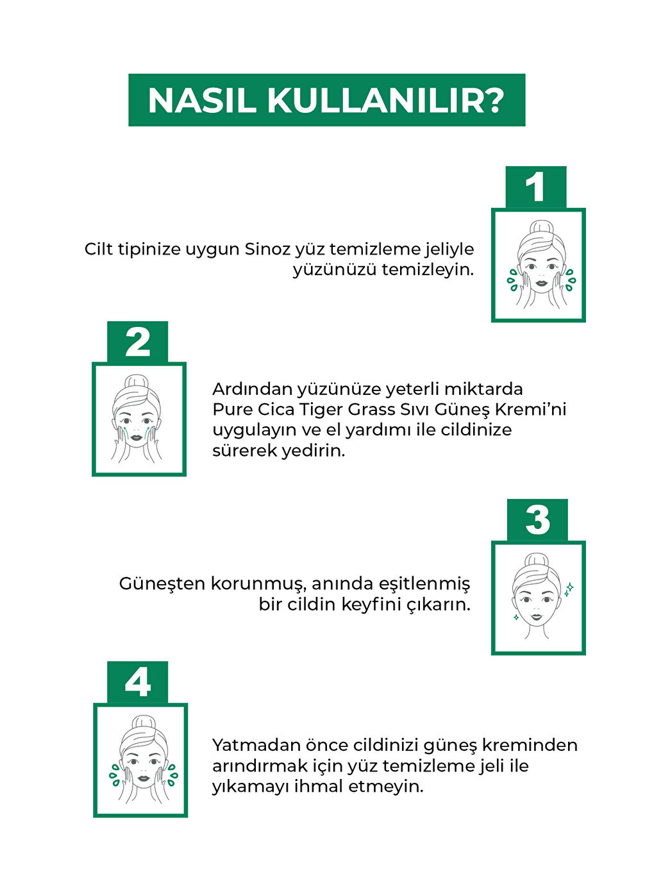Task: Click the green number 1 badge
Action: (x=535, y=187)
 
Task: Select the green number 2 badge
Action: (x=138, y=342)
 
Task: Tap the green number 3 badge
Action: (x=537, y=520)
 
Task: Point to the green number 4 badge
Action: (x=138, y=682)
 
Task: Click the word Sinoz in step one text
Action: (x=267, y=249)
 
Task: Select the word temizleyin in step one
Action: (x=428, y=269)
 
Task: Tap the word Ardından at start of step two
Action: (x=251, y=389)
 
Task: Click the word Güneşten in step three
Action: (x=162, y=584)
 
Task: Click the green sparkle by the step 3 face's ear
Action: (x=567, y=588)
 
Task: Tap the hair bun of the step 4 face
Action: (x=142, y=723)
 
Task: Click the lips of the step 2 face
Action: (x=137, y=437)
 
